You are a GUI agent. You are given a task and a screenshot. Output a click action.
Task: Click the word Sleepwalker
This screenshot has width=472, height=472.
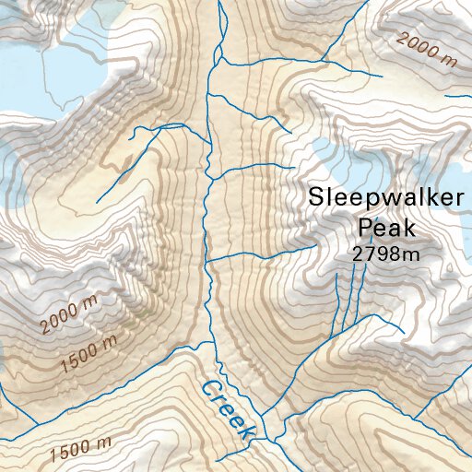coord(382,196)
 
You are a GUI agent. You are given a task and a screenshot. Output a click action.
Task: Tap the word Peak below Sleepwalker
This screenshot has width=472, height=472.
coord(388,227)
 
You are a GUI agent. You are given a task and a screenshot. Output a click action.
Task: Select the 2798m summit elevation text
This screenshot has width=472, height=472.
coord(386,254)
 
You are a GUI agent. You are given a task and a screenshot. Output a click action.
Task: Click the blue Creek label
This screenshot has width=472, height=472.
coord(226,409)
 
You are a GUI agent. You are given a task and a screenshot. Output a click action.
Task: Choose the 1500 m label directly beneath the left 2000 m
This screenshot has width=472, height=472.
coord(88,354)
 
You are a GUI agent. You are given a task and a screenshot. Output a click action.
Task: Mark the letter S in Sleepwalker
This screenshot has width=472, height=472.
coord(317,196)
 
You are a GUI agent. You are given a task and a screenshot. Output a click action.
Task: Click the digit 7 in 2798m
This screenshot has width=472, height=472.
coord(368,254)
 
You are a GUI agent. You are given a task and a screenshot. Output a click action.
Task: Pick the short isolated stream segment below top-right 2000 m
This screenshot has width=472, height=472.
coord(458,95)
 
